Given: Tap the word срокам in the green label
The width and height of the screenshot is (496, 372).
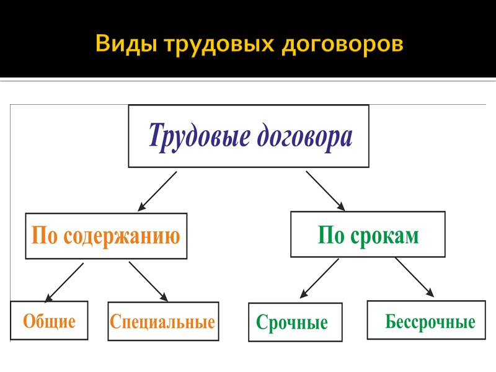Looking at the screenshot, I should pyautogui.click(x=386, y=236).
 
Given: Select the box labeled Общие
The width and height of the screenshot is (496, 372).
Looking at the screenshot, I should pyautogui.click(x=49, y=321).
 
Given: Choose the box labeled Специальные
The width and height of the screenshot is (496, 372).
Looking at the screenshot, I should pyautogui.click(x=162, y=322).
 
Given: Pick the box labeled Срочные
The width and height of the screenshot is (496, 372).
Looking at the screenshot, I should pyautogui.click(x=294, y=323).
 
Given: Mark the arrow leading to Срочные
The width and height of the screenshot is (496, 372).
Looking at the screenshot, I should pyautogui.click(x=319, y=278).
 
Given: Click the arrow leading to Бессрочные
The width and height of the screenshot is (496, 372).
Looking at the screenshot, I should pyautogui.click(x=414, y=277).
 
